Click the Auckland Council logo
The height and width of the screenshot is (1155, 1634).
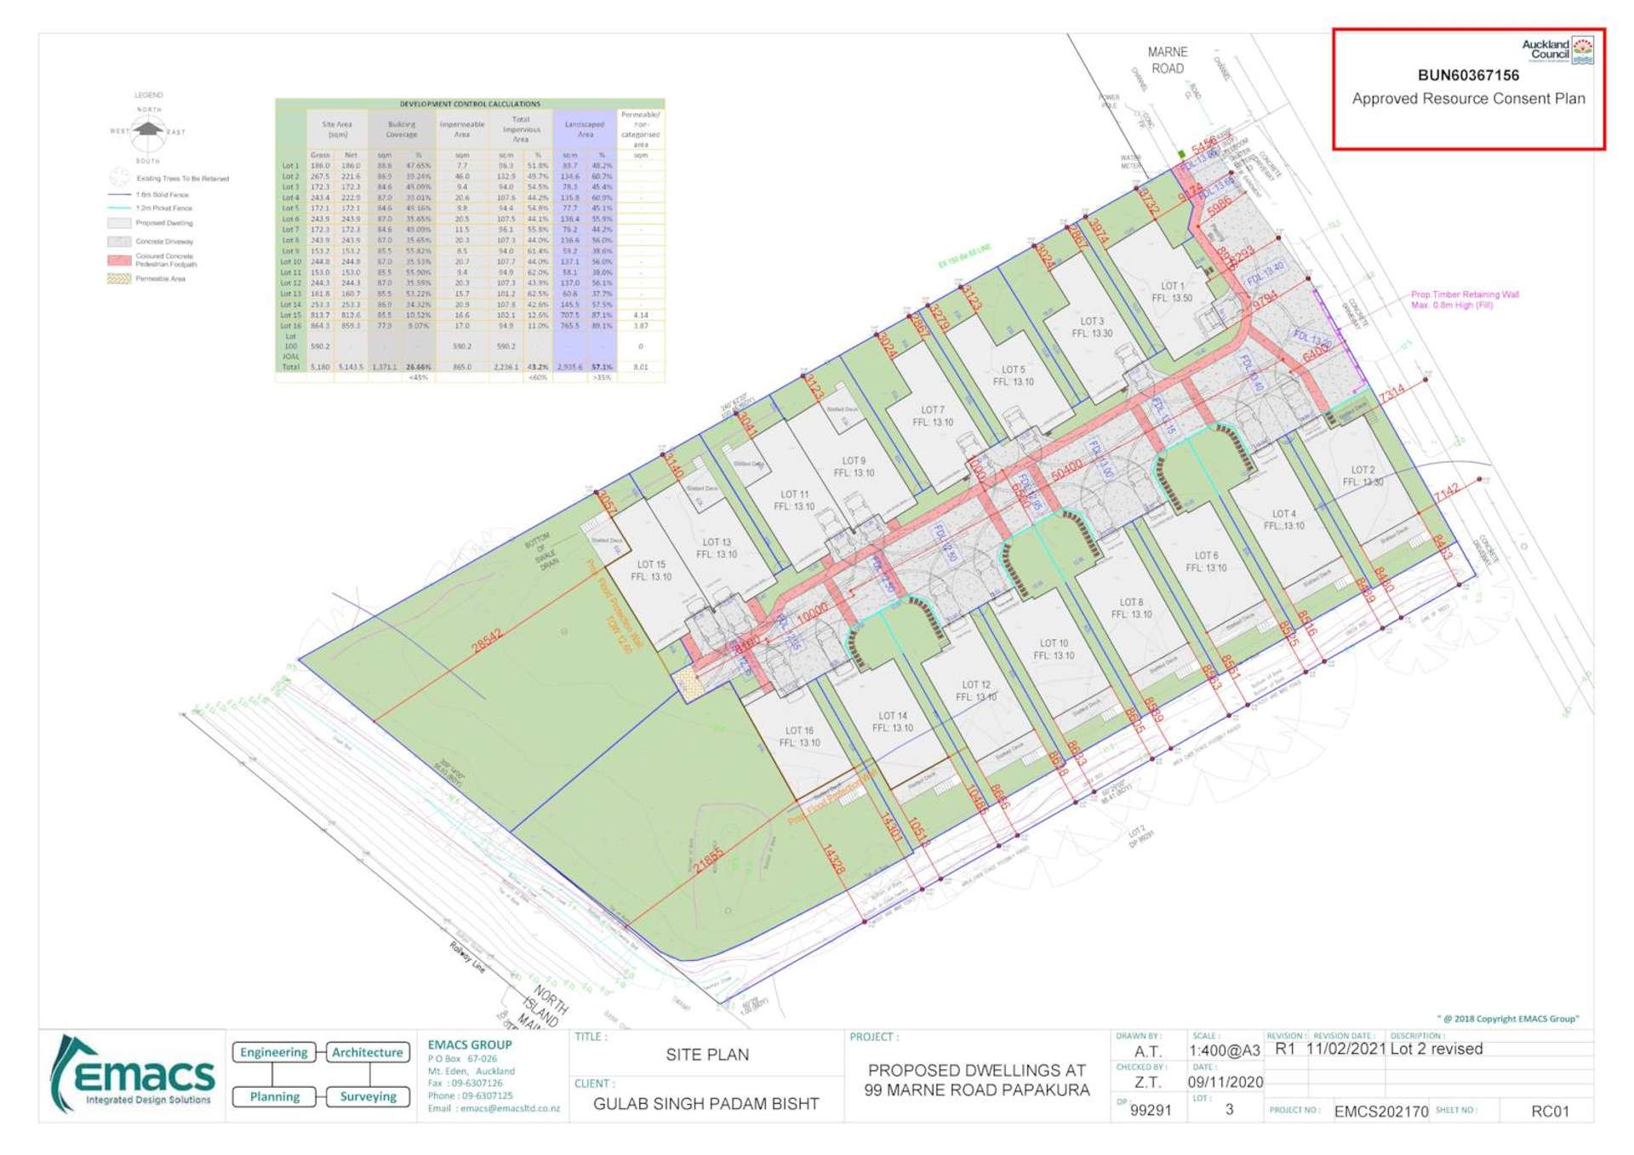(1557, 49)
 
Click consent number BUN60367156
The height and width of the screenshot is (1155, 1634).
(1468, 76)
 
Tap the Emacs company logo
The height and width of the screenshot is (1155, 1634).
(134, 1074)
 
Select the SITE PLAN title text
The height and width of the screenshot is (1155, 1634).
(707, 1055)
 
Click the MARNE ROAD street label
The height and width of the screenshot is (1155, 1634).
(1167, 60)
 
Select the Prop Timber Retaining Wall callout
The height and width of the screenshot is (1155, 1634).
(1464, 300)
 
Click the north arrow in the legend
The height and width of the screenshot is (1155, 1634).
(148, 129)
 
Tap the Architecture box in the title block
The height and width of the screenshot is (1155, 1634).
(367, 1052)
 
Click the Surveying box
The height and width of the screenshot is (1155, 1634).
(368, 1096)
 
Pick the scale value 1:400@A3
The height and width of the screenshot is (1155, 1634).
(1224, 1050)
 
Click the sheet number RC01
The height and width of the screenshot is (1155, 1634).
(1549, 1111)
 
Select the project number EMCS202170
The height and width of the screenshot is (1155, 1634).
(1380, 1112)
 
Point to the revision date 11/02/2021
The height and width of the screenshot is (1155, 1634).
(1345, 1049)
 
